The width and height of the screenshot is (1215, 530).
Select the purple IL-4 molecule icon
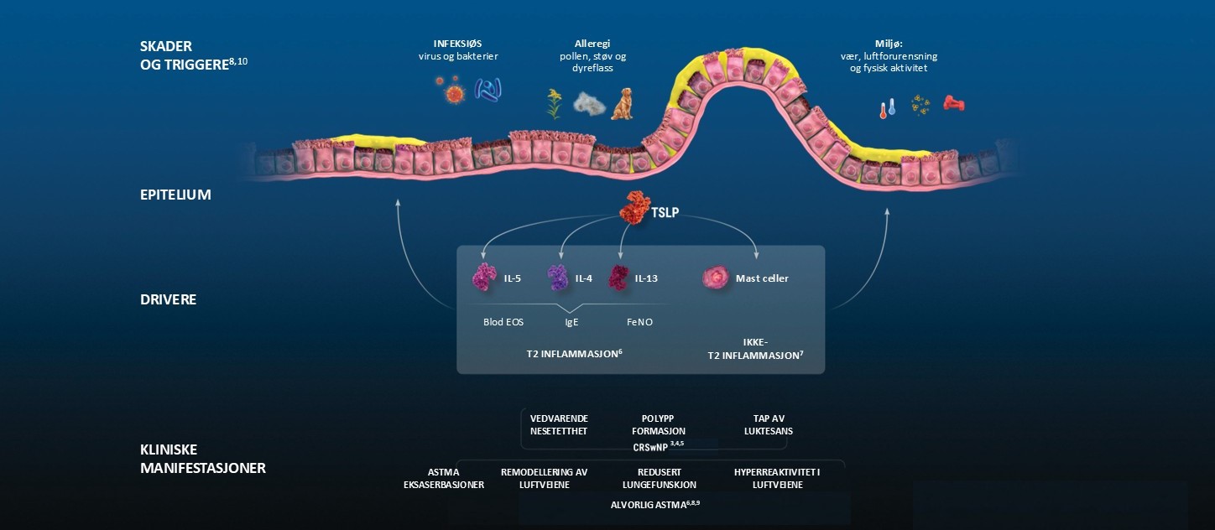pyautogui.click(x=558, y=278)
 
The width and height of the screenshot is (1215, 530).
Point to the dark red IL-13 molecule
pyautogui.click(x=619, y=278)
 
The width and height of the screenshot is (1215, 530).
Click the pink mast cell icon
pyautogui.click(x=715, y=278)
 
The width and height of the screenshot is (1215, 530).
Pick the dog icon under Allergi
pyautogui.click(x=622, y=103)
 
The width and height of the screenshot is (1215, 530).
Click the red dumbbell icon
pyautogui.click(x=953, y=103)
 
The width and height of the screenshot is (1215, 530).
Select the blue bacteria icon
pyautogui.click(x=488, y=89)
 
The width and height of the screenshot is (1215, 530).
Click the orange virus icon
pyautogui.click(x=453, y=91)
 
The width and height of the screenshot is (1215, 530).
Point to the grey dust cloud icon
pyautogui.click(x=589, y=103)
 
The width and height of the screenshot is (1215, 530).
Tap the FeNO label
pyautogui.click(x=640, y=321)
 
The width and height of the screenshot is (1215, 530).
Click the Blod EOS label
pyautogui.click(x=503, y=321)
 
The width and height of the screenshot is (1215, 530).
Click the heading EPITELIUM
pyautogui.click(x=175, y=195)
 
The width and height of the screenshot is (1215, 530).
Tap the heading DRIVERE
pyautogui.click(x=168, y=299)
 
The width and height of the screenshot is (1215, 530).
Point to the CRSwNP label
pyautogui.click(x=654, y=447)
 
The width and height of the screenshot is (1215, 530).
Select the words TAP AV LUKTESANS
pyautogui.click(x=768, y=424)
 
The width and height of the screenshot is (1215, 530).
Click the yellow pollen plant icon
pyautogui.click(x=554, y=103)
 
